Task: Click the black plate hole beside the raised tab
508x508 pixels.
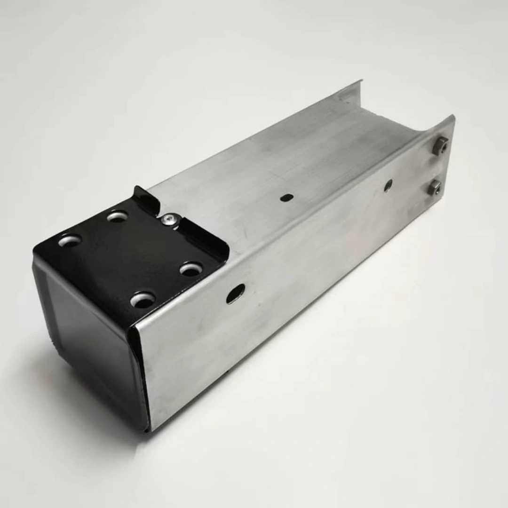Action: click(117, 216)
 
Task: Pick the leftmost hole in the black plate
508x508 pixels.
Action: click(70, 240)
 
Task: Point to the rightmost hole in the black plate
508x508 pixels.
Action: click(191, 269)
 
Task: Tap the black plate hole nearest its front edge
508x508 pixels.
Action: click(143, 299)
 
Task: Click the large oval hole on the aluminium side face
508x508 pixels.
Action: click(235, 294)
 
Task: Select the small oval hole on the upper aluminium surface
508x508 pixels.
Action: click(286, 198)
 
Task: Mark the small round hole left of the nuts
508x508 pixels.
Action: click(388, 185)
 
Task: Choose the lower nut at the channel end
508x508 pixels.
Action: click(434, 188)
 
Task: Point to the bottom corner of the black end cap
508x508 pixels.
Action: click(146, 429)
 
